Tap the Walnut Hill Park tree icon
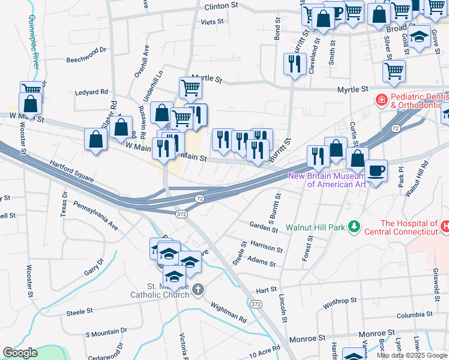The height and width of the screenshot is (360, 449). click(355, 226)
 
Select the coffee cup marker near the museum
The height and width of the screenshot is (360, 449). click(376, 172)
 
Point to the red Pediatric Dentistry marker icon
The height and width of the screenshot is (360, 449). click(380, 99)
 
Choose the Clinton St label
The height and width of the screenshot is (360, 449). click(221, 6)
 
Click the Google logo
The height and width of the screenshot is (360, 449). click(20, 353)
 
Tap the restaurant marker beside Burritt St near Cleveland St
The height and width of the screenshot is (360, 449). click(294, 64)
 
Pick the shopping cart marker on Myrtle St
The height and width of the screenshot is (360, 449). click(190, 88)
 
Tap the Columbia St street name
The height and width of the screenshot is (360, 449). click(414, 315)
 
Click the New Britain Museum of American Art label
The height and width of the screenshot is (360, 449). click(327, 180)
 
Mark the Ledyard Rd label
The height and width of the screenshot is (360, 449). click(91, 92)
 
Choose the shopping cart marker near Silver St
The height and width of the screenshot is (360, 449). click(394, 71)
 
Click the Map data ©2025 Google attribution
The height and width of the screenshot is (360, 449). click(412, 355)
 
